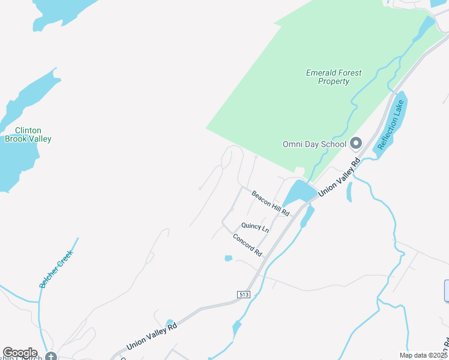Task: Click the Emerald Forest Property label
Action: (334, 77)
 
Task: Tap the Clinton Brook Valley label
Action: (28, 134)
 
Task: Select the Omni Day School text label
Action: (315, 144)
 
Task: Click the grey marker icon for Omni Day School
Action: (356, 143)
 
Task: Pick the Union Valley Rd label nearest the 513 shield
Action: (152, 337)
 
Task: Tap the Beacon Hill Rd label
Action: (271, 203)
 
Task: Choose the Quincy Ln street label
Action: (255, 227)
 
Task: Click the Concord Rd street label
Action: (248, 245)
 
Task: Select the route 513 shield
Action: (243, 294)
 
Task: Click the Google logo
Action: (20, 353)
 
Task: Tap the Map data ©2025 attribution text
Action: (423, 355)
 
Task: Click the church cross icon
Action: (51, 356)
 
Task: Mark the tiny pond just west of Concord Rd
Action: (228, 259)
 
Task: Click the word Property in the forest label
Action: (334, 82)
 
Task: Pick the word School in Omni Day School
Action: (334, 144)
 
